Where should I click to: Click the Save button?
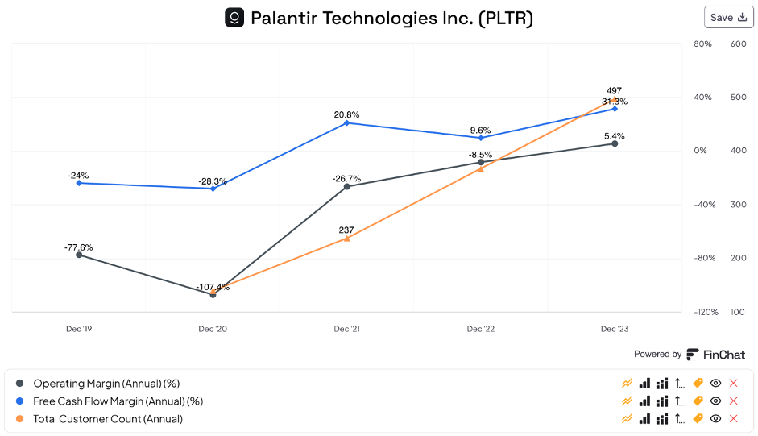[728, 17]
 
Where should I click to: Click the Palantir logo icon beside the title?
[234, 17]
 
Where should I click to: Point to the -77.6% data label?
[79, 247]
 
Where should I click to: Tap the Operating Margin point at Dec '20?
[213, 295]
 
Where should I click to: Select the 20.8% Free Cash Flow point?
[347, 122]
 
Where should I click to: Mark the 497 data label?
[615, 91]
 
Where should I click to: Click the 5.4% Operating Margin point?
[615, 143]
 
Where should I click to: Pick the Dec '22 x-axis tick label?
[481, 329]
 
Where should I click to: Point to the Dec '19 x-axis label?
[79, 329]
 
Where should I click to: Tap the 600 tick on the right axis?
[738, 44]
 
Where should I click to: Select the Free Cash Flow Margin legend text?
[118, 401]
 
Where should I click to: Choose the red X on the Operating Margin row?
[733, 384]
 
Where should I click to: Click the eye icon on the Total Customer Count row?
[715, 419]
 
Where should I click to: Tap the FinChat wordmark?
[723, 355]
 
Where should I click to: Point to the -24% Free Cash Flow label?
[78, 176]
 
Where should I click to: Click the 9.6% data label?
[480, 131]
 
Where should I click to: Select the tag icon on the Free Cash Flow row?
[698, 401]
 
